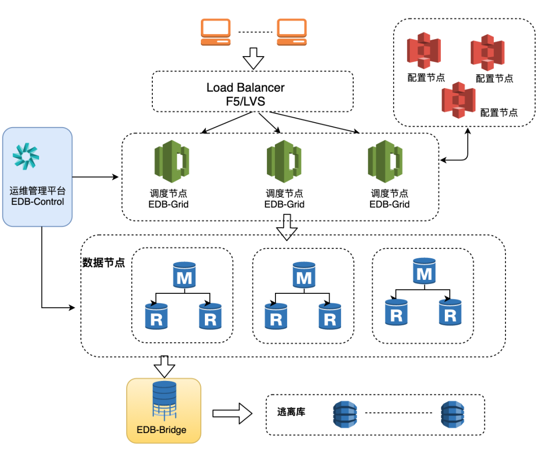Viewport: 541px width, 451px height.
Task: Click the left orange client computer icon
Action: click(216, 32)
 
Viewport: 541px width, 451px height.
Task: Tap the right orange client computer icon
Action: click(292, 32)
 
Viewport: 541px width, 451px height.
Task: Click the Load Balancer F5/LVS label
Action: click(245, 94)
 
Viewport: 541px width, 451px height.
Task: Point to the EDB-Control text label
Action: click(38, 202)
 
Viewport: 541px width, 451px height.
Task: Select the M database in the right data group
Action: click(424, 271)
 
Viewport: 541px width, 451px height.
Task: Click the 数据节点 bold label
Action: click(104, 262)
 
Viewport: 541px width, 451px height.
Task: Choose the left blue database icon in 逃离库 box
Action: click(345, 413)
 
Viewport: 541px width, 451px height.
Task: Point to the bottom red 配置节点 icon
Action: click(458, 100)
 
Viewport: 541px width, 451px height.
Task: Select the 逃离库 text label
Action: click(291, 412)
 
